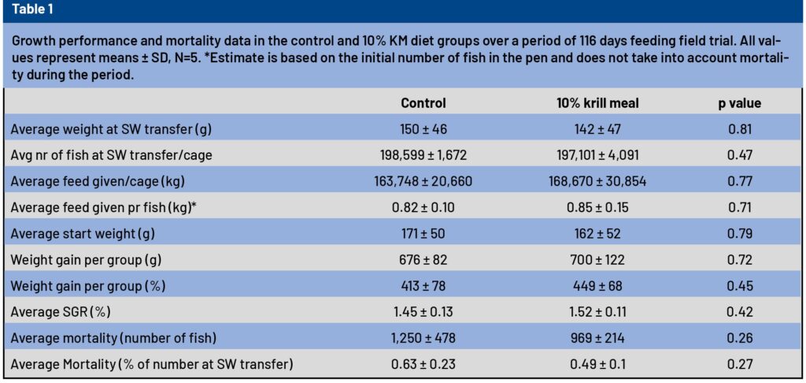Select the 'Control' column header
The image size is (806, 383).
pos(423,103)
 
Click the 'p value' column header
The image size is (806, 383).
pos(739,103)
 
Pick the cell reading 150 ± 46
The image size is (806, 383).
pos(423,129)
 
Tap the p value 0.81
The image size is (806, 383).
pos(739,129)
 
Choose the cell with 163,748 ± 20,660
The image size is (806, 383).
pos(423,181)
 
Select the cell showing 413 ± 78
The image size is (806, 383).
pos(423,285)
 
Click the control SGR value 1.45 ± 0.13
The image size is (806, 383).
pos(423,311)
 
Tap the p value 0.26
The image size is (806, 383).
pos(739,337)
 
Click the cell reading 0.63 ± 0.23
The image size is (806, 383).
pos(423,363)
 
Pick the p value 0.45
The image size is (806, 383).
pos(739,285)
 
